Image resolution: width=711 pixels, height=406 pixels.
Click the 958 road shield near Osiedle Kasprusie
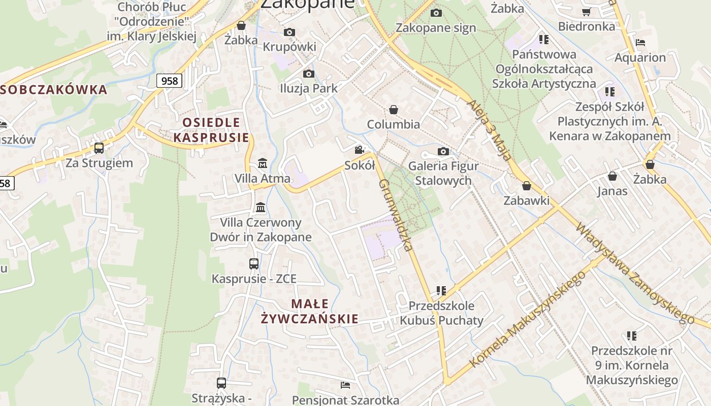[169, 81]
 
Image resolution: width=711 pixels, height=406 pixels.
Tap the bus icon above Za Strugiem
[99, 148]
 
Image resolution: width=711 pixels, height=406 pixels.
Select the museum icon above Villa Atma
[263, 163]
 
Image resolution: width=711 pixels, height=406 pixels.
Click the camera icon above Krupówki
[289, 32]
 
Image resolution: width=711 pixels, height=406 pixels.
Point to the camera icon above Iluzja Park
[308, 74]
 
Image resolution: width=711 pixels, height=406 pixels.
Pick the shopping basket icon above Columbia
[393, 110]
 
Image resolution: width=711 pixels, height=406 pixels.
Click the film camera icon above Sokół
[360, 150]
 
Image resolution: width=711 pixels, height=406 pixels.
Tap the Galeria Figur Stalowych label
[443, 173]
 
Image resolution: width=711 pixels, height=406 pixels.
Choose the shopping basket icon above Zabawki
[527, 186]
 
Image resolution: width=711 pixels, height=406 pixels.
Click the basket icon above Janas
[612, 176]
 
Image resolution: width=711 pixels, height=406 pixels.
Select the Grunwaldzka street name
[395, 215]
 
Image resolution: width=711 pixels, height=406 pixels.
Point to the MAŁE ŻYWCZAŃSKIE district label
[309, 311]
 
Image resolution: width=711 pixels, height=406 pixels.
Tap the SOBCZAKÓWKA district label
[54, 90]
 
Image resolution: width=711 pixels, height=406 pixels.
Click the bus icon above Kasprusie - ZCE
[254, 264]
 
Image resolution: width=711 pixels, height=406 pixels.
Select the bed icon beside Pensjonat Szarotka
[345, 385]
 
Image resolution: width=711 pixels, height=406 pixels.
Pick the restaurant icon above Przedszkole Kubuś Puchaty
[441, 291]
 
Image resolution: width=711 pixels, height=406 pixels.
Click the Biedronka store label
[586, 26]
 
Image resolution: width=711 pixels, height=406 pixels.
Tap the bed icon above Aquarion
[640, 42]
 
